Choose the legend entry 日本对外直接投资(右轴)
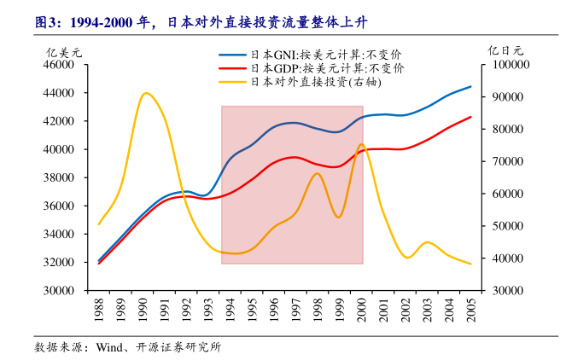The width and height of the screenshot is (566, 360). (302, 82)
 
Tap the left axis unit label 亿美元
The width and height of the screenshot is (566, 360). (63, 50)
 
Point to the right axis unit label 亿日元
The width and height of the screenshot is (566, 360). (504, 50)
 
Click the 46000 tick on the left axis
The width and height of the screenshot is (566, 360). (59, 65)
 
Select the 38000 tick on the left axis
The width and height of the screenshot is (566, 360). (59, 177)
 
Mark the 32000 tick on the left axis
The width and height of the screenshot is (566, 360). (59, 262)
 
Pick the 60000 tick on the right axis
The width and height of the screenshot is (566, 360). (509, 194)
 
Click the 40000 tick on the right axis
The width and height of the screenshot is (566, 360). (509, 258)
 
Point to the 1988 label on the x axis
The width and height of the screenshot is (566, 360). (100, 308)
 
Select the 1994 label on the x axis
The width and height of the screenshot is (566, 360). (230, 308)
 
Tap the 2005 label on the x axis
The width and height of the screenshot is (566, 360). (470, 308)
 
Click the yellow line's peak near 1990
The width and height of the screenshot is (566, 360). (146, 93)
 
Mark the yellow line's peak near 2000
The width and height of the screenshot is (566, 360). (361, 144)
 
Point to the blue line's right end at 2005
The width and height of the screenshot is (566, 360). (470, 87)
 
